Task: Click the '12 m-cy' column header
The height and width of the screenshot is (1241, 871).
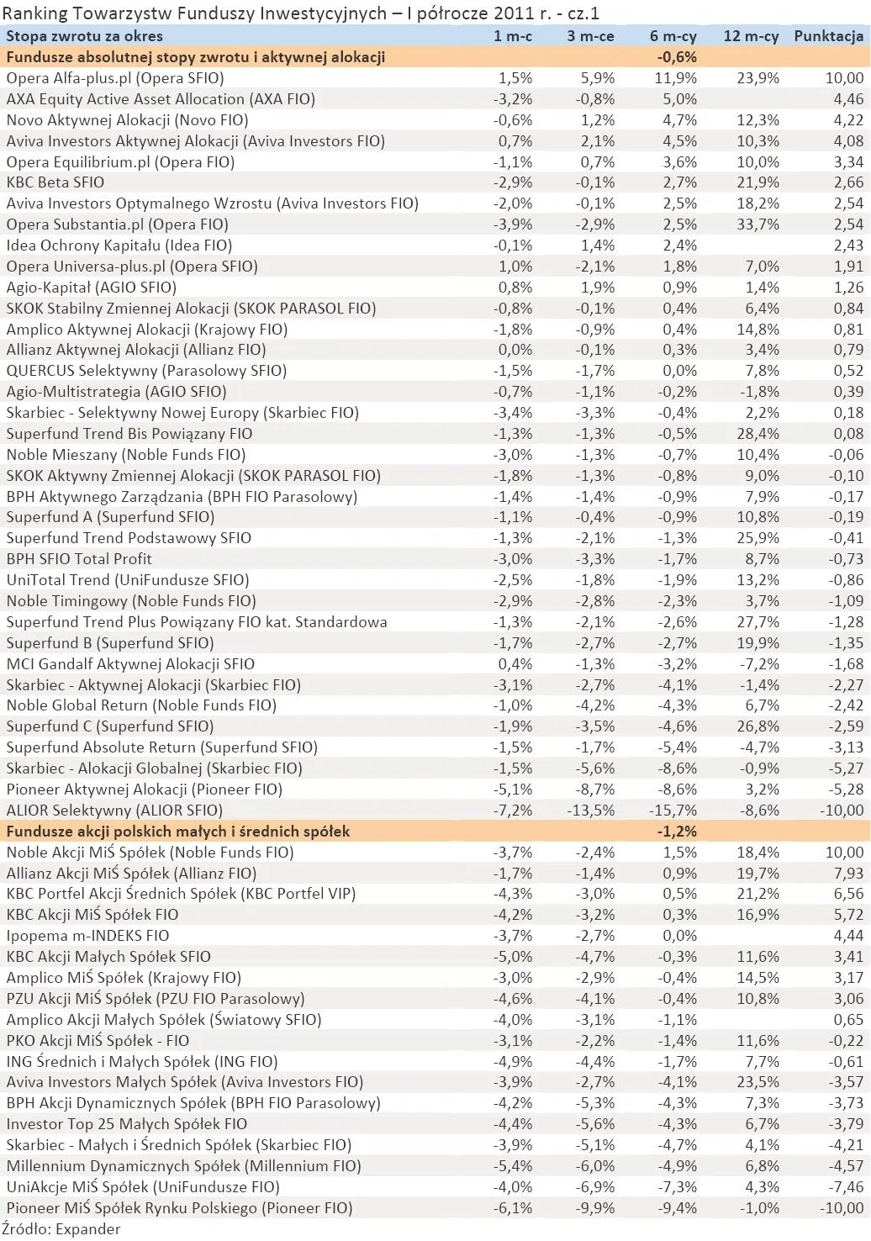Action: (x=751, y=36)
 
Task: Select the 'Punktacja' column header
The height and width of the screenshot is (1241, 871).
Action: (x=828, y=36)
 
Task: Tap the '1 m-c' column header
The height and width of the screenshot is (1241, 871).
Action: (x=512, y=36)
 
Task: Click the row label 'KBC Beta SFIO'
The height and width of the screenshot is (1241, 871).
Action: (x=55, y=182)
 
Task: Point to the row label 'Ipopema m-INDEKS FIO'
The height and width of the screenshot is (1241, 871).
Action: (x=87, y=936)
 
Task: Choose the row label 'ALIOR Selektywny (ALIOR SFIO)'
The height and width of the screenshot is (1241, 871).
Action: (x=114, y=811)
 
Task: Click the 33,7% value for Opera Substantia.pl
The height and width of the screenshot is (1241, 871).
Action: (x=759, y=224)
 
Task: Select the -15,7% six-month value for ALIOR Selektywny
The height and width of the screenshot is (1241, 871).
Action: (x=673, y=811)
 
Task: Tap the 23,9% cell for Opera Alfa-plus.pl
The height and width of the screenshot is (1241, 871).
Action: (x=759, y=78)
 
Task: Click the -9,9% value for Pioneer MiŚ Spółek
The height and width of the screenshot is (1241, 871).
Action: (x=595, y=1208)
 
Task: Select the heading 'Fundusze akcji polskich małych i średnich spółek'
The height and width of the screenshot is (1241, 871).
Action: (x=178, y=832)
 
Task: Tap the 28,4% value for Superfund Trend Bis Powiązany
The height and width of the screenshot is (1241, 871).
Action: (x=759, y=434)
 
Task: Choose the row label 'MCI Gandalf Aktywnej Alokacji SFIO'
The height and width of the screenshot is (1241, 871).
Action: (x=130, y=664)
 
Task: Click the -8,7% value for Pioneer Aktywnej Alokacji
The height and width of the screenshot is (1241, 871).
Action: (x=595, y=789)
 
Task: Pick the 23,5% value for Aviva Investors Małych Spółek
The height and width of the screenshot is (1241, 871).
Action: (x=759, y=1082)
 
